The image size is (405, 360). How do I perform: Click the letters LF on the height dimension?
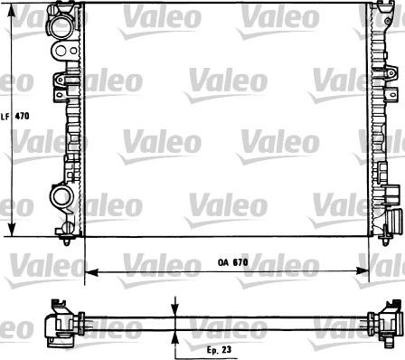coord(5,117)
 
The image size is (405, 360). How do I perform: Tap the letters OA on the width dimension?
coord(223,262)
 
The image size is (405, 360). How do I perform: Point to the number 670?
coord(240,262)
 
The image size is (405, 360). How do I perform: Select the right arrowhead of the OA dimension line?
coord(368,270)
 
